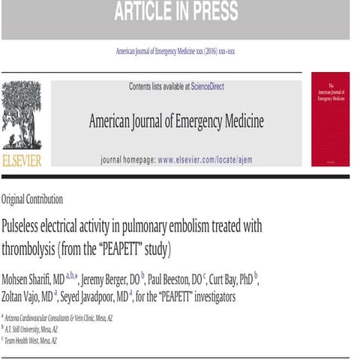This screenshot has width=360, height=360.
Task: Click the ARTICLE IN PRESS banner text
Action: pos(175,12)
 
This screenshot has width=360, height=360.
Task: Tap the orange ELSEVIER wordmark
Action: pos(22,160)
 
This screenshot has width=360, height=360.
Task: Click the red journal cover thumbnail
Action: pos(330,118)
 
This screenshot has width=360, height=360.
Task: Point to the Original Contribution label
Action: pos(32,199)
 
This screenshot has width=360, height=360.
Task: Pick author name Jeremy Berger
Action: pos(112,279)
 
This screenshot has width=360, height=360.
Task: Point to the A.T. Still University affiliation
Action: pos(38,328)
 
